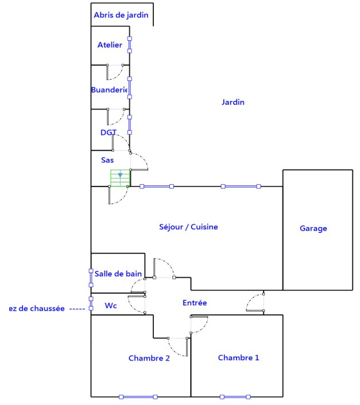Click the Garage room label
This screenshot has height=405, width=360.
coord(313,228)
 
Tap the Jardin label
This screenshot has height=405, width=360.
coord(233,102)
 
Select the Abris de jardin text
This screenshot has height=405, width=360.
coord(121,15)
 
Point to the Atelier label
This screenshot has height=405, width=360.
coord(110,45)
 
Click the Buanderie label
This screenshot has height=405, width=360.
coord(109,90)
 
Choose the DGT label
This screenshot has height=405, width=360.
coord(109,133)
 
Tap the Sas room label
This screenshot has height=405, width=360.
coord(107,160)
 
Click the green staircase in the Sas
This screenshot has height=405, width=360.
coord(120,178)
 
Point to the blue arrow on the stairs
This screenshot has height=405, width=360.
coord(120,175)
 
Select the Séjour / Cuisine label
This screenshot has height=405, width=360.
coord(188,227)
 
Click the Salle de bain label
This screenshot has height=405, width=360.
coord(118,274)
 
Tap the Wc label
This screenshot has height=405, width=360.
coord(111,306)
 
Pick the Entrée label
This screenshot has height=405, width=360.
coord(195,303)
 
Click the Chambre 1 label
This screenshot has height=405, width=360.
coord(238,358)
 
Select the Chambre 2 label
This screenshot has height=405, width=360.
coord(149,359)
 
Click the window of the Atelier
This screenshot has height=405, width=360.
coord(130,45)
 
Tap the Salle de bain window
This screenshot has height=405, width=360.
coord(91,278)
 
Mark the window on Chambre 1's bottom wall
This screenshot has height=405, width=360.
coord(235,397)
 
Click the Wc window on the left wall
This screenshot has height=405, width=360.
coord(91,303)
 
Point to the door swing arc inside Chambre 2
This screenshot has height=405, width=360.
coord(176,351)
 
